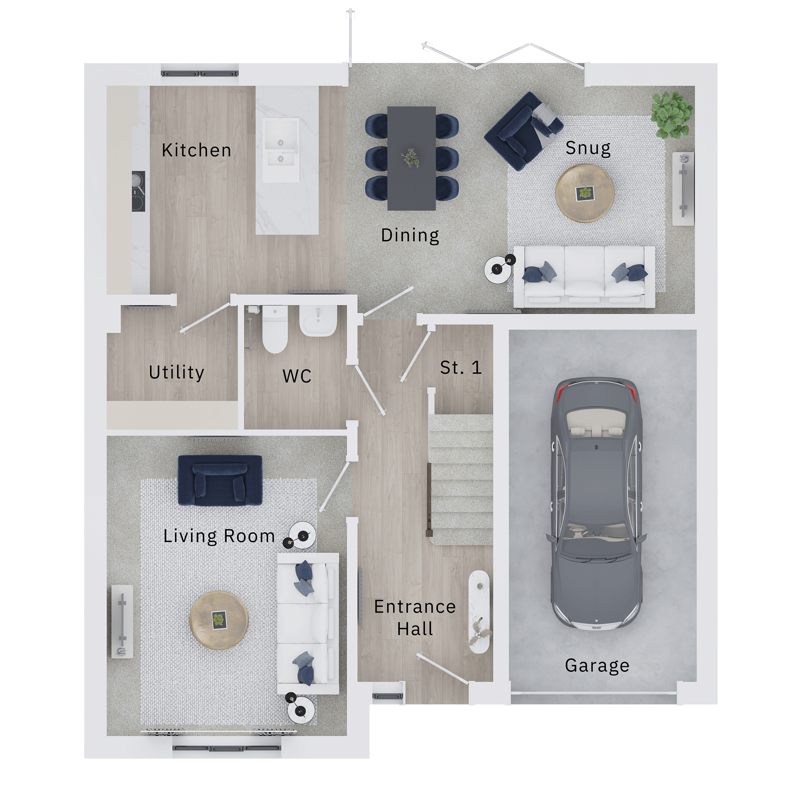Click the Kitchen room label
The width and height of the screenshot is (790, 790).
pos(197,150)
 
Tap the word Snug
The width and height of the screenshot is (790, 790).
pos(588,147)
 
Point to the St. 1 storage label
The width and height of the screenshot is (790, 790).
pos(461,367)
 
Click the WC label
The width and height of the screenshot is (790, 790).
pos(297,376)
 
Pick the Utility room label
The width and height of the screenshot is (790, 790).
pos(177,373)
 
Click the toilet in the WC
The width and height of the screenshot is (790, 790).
pos(275,330)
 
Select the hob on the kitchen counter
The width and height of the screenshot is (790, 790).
pos(138,191)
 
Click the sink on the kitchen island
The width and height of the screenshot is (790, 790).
pos(280,150)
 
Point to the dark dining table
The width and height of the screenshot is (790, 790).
pos(411,158)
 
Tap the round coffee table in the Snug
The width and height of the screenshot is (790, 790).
pos(585,194)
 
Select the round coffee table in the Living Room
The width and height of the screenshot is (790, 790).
pos(219,620)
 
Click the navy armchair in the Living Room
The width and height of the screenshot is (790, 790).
pos(220,481)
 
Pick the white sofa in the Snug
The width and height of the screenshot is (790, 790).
pos(584,277)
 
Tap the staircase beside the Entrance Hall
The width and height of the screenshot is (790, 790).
pos(461,479)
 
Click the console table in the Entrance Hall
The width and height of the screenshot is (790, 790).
pos(479,611)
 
